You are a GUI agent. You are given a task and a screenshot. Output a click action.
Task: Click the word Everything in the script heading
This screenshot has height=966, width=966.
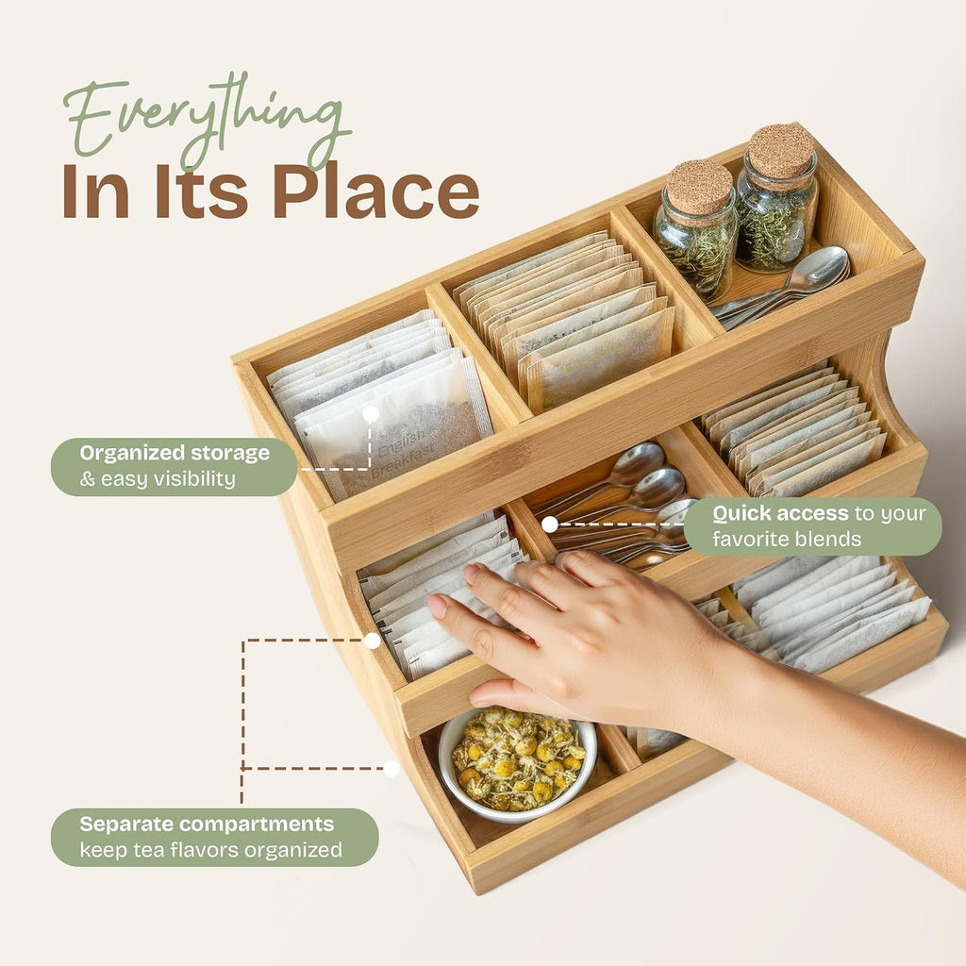pyautogui.click(x=207, y=120)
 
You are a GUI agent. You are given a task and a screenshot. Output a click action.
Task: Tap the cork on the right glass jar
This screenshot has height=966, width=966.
pyautogui.click(x=782, y=151)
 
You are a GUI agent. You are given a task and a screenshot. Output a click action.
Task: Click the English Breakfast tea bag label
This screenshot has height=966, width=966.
pyautogui.click(x=400, y=454)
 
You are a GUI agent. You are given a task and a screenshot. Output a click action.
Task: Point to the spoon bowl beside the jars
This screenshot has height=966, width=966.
pyautogui.click(x=823, y=269)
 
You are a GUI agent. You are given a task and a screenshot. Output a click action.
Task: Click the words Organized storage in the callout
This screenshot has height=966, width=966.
pyautogui.click(x=175, y=453)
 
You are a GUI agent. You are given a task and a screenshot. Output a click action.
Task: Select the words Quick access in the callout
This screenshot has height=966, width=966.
pyautogui.click(x=780, y=513)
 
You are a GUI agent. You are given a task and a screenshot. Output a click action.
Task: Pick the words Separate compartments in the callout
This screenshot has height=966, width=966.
pyautogui.click(x=207, y=824)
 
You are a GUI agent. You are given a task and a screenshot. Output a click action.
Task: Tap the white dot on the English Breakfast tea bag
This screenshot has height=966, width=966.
pyautogui.click(x=371, y=414)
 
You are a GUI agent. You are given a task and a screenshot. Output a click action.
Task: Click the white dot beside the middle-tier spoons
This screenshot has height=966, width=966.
pyautogui.click(x=550, y=525)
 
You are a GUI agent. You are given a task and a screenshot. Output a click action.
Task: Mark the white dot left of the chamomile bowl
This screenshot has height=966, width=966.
pyautogui.click(x=391, y=768)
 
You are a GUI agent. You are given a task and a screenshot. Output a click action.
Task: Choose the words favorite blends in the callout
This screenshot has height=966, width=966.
pyautogui.click(x=787, y=539)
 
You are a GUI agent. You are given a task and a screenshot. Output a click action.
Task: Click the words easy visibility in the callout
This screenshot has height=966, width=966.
pyautogui.click(x=168, y=478)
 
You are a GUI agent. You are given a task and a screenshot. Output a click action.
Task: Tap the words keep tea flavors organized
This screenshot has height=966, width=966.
pyautogui.click(x=210, y=850)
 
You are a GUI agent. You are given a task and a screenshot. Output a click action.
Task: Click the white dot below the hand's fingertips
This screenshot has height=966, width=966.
pyautogui.click(x=372, y=641)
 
